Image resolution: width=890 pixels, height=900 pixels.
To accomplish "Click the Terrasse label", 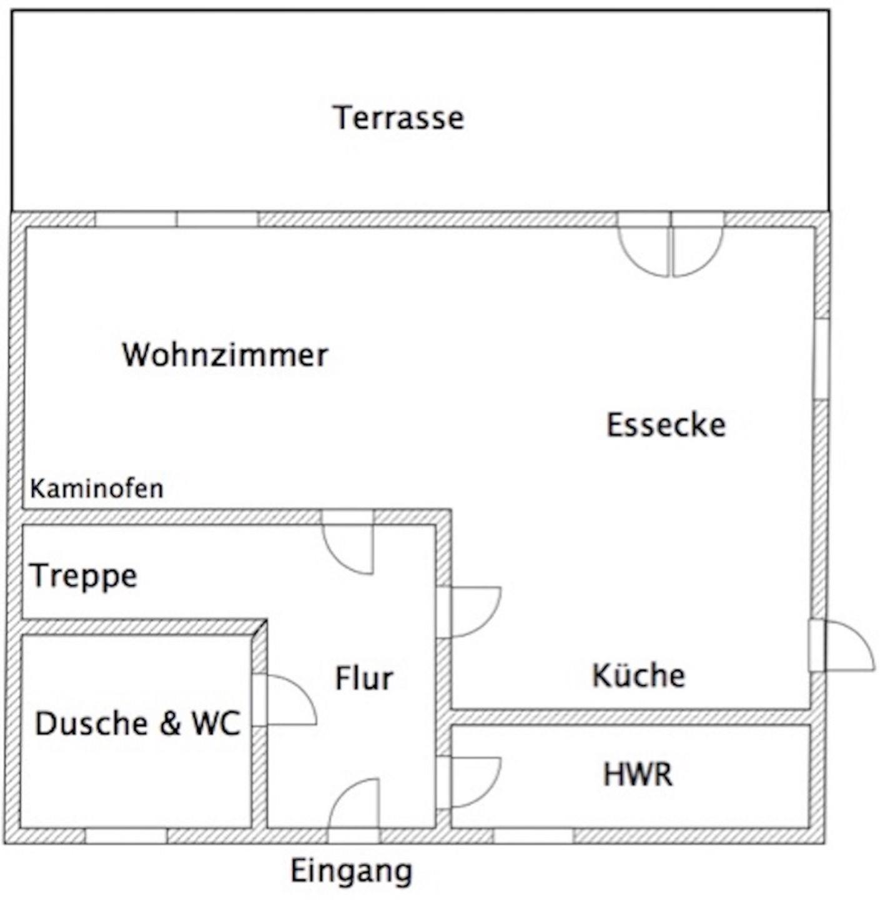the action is coord(398,117).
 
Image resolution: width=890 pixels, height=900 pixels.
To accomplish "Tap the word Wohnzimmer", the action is coord(225,355).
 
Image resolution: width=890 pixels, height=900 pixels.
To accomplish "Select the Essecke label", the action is coord(666,424).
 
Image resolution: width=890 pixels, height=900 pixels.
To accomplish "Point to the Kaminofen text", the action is coord(97,489).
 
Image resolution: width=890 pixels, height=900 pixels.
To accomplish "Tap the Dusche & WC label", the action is coord(138,723).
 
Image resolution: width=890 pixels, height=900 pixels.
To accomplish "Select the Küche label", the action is coord(638,675).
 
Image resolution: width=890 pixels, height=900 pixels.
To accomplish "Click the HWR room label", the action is coord(638,774).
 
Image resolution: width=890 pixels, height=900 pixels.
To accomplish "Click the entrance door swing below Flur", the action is coord(354,805).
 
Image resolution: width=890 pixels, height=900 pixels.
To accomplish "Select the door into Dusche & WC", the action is coord(284,699).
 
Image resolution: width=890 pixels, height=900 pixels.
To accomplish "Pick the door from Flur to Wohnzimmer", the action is coord(347,542).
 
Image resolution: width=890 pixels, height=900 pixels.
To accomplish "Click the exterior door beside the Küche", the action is coord(841,646).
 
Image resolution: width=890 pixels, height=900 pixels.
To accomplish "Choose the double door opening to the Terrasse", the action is coord(671,244).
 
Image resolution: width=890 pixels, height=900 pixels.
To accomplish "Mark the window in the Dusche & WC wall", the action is coord(126,836).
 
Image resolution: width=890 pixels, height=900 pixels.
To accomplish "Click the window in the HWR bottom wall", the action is coord(533,836).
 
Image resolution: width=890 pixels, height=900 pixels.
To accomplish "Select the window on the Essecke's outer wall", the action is coord(821,359).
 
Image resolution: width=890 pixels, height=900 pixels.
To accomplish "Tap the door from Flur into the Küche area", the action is coord(468,612).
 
